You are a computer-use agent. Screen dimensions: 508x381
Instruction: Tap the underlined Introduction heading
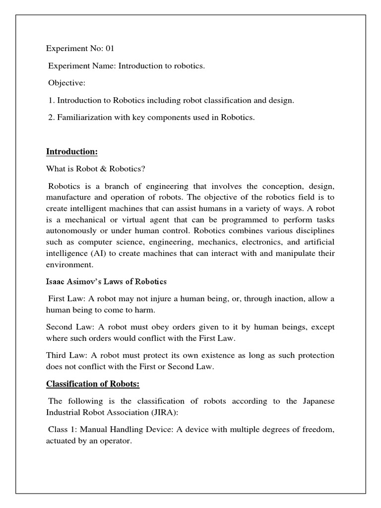[71, 151]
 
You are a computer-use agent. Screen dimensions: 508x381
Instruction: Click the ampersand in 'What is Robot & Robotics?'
[105, 169]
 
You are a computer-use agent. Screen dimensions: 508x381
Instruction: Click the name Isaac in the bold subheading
[56, 282]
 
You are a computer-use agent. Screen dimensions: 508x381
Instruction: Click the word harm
[144, 311]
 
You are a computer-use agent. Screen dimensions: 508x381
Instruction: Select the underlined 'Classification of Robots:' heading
[94, 384]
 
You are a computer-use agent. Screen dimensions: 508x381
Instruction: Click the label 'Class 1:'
[63, 430]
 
